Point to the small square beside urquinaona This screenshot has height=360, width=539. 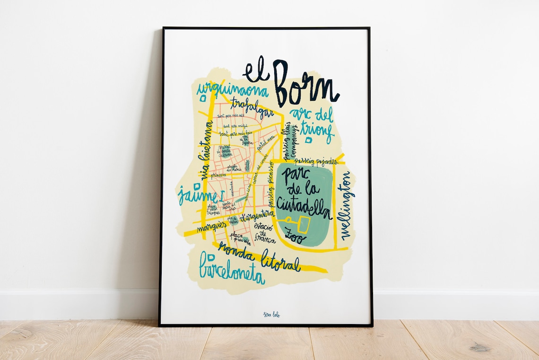(203, 98)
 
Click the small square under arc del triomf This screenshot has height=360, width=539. (308, 140)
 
